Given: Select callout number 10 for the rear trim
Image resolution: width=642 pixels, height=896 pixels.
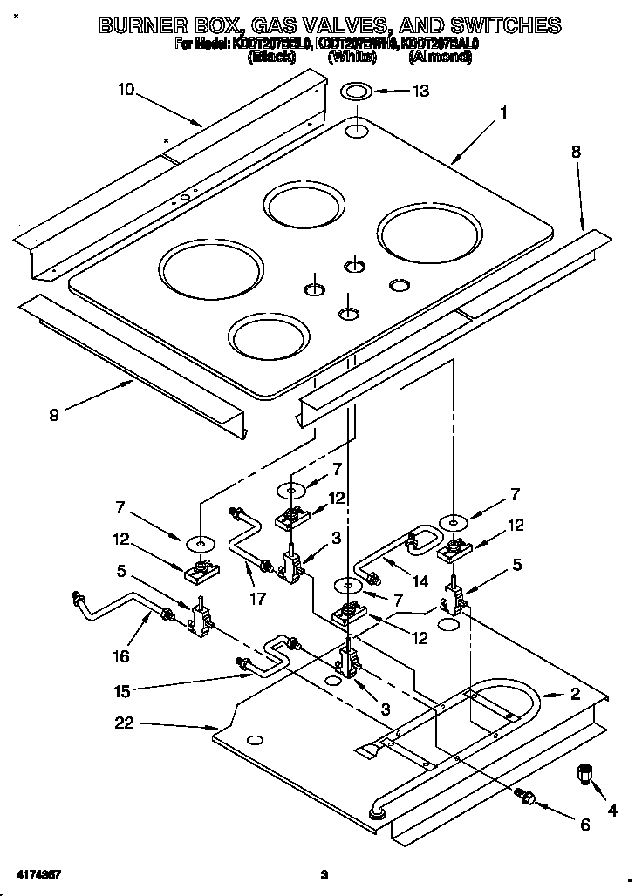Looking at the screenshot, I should pyautogui.click(x=126, y=89).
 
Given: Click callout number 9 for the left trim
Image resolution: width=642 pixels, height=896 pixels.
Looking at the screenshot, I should pyautogui.click(x=54, y=415).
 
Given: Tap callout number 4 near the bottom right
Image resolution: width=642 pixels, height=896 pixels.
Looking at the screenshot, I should pyautogui.click(x=612, y=810).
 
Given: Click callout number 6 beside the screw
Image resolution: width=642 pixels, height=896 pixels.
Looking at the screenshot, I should pyautogui.click(x=584, y=824).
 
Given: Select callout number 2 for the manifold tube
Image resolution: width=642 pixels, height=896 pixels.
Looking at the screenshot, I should pyautogui.click(x=575, y=695).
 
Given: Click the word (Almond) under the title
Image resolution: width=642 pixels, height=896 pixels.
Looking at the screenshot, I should pyautogui.click(x=440, y=58).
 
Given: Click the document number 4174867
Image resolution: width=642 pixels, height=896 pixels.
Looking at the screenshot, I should pyautogui.click(x=38, y=873).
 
